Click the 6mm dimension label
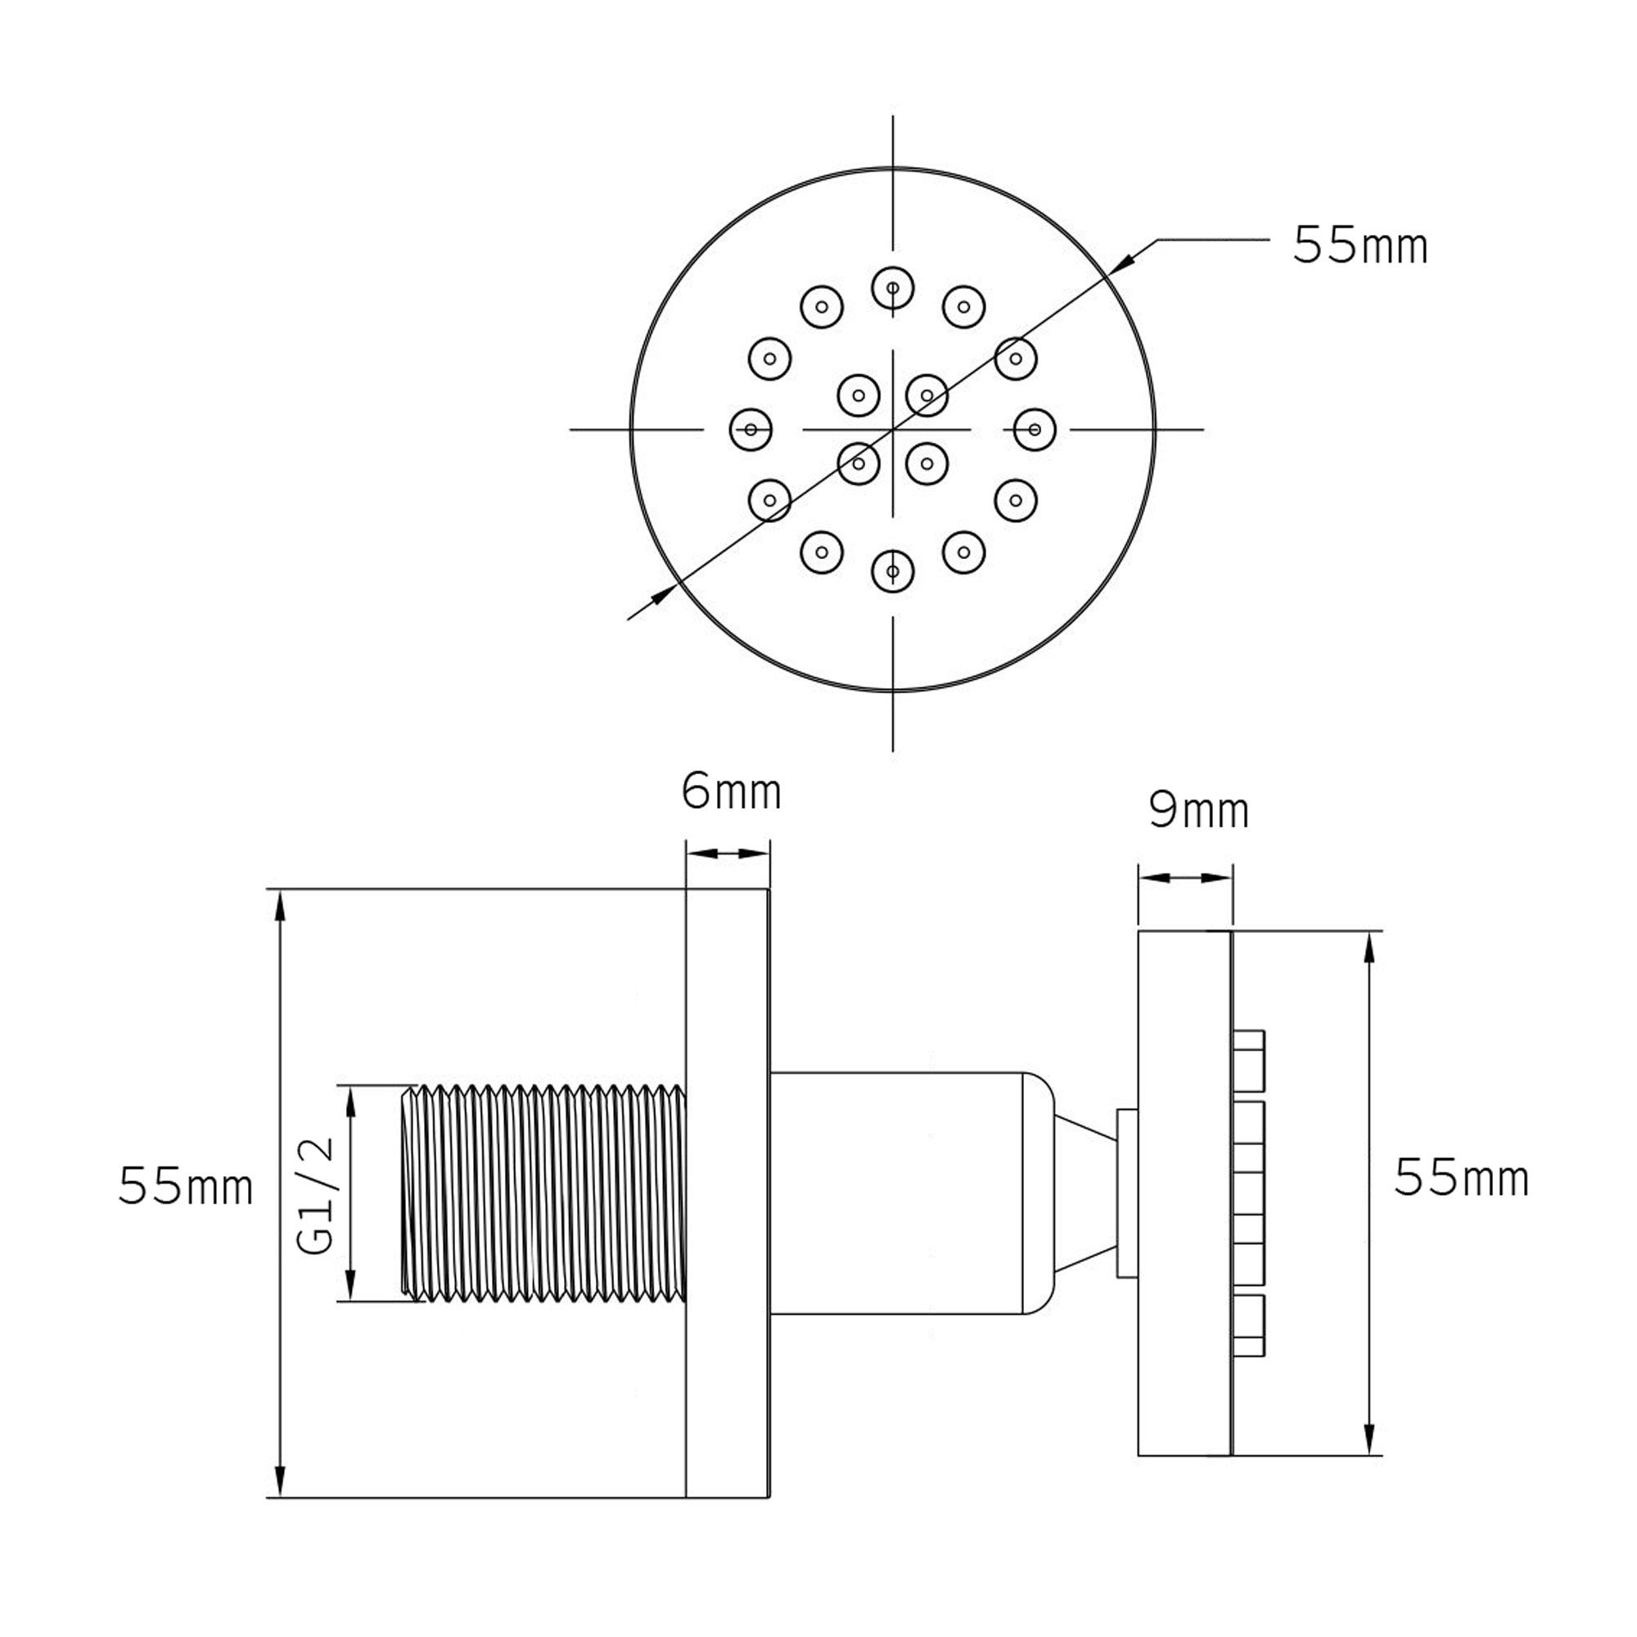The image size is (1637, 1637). (x=731, y=793)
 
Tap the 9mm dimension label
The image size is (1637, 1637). (x=1199, y=812)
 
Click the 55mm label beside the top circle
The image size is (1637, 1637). (x=1360, y=246)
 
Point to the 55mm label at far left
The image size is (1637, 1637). (x=186, y=1186)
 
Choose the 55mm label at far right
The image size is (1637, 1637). (x=1462, y=1179)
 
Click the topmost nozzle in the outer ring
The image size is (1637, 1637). (x=893, y=288)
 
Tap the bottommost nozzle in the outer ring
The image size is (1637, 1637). (x=893, y=571)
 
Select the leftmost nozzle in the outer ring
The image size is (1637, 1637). (x=751, y=430)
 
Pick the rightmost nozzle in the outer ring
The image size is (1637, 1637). (x=1035, y=430)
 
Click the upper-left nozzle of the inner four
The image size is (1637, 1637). (x=859, y=395)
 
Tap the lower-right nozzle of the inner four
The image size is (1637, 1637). (x=927, y=463)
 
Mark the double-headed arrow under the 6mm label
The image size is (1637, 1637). (x=728, y=853)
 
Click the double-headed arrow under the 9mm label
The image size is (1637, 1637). (x=1184, y=878)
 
